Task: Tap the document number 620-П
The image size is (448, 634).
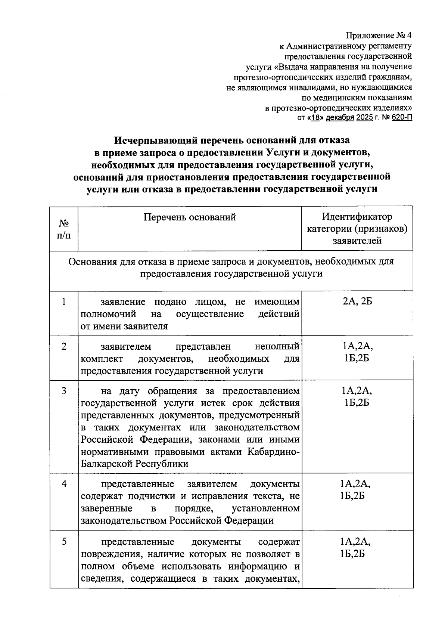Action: (402, 118)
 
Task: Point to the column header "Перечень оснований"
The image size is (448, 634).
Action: (190, 217)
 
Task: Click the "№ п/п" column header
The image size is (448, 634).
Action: (64, 229)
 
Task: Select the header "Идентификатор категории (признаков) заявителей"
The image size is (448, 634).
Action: (357, 228)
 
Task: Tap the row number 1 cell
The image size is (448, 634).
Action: (64, 301)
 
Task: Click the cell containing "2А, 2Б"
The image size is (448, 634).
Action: (357, 301)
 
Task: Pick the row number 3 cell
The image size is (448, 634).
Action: (64, 391)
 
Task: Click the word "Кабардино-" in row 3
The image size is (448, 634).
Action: (273, 452)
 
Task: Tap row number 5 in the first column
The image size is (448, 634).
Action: (64, 541)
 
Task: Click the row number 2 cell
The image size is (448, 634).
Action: (64, 346)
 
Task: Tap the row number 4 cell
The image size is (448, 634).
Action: (64, 483)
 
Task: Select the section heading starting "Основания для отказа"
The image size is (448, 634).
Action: (231, 267)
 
